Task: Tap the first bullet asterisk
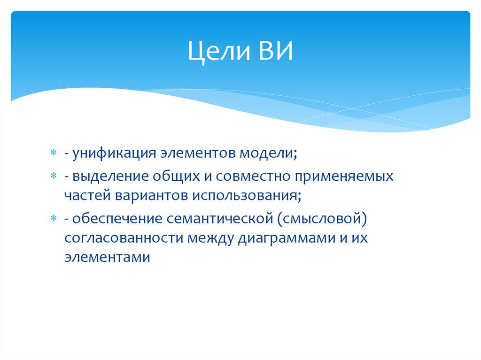(x=54, y=154)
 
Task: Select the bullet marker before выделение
(x=54, y=177)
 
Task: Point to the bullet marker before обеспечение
(x=54, y=218)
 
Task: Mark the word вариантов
(x=149, y=195)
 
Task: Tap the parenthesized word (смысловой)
(x=322, y=219)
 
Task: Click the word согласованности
(x=124, y=237)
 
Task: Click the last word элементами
(x=107, y=257)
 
